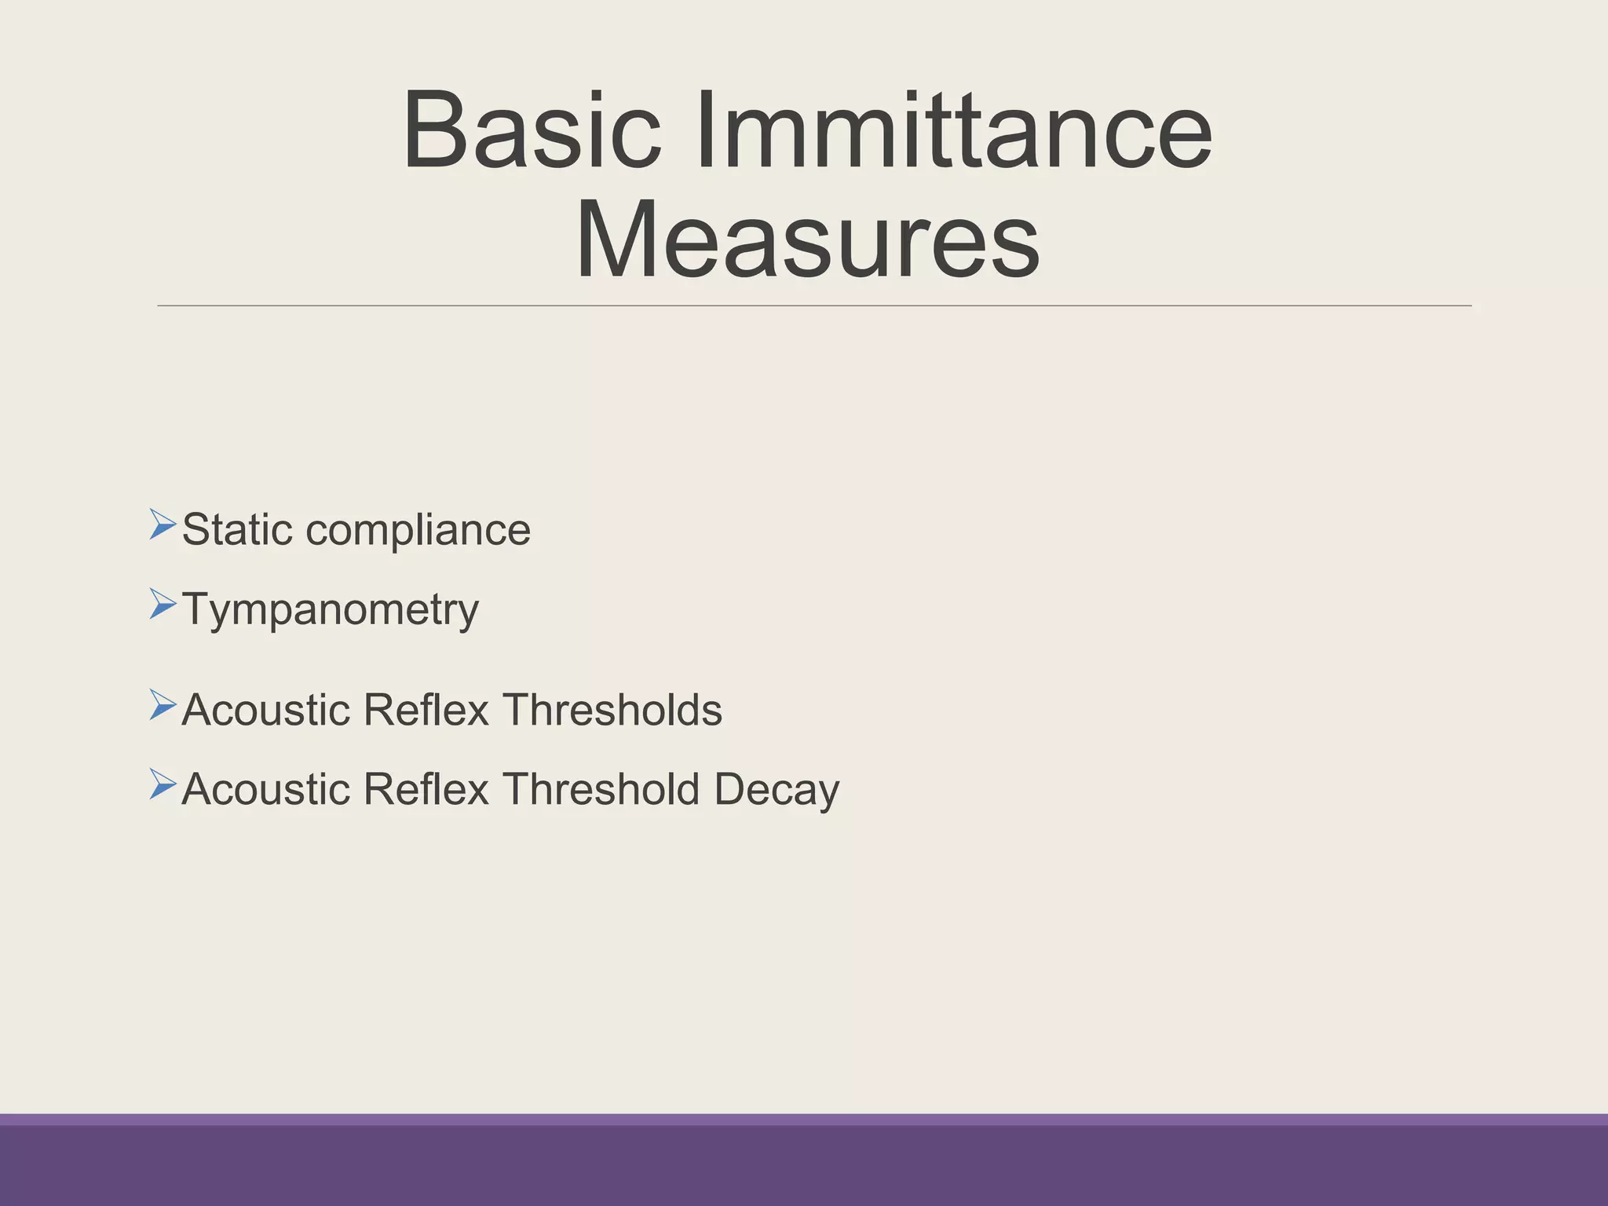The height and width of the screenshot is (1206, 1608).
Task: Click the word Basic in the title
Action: pos(532,130)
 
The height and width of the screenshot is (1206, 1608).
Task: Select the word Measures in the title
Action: pos(807,239)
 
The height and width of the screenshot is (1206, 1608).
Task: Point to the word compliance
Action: pos(418,532)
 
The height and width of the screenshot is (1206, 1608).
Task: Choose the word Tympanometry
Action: pos(330,611)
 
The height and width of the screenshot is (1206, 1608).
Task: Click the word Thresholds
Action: pos(612,710)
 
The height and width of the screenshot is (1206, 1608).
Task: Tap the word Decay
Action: pos(777,791)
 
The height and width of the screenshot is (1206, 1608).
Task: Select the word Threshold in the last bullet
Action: pos(601,789)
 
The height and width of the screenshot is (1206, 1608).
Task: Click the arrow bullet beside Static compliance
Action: pos(162,524)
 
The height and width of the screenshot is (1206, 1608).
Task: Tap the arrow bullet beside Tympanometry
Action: pos(162,604)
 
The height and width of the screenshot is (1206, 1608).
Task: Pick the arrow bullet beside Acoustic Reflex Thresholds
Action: pos(162,705)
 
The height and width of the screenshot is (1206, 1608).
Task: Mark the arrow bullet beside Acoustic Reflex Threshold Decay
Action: pos(162,784)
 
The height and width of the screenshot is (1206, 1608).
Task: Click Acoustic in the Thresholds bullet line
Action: pos(265,710)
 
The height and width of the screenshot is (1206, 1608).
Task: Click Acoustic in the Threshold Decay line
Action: pos(265,789)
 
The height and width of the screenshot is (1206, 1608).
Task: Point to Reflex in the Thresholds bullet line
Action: pos(426,710)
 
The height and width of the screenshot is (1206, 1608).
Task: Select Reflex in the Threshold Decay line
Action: pos(426,789)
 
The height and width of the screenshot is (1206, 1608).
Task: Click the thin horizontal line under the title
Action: pos(813,305)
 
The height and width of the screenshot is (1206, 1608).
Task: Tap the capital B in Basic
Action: pos(433,130)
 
